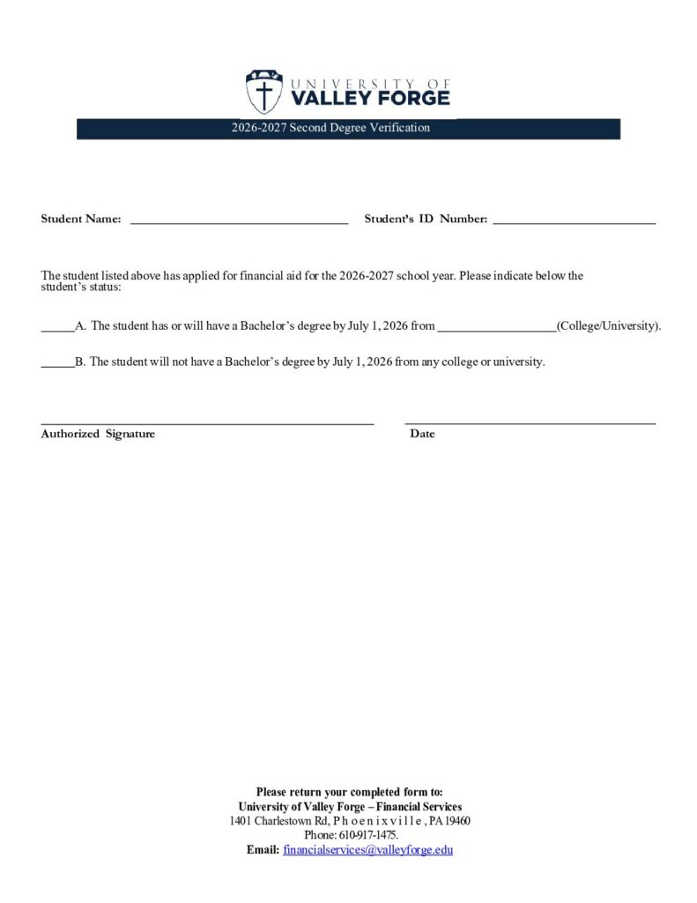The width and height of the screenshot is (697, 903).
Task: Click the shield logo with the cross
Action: click(263, 92)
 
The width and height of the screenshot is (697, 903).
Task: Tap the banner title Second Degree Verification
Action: click(330, 128)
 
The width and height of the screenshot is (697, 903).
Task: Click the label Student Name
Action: click(81, 220)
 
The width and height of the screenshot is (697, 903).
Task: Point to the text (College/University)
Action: click(608, 326)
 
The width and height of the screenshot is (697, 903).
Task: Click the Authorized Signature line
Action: click(207, 423)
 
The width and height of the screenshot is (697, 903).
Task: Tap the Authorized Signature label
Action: click(98, 434)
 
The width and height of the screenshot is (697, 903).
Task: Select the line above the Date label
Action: click(530, 423)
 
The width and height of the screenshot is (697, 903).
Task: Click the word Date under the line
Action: click(422, 434)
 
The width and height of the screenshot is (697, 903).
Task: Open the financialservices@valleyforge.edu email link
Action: click(367, 850)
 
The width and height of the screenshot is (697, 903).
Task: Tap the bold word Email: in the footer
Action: click(263, 850)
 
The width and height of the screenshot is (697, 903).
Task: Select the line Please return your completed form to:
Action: click(350, 792)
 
